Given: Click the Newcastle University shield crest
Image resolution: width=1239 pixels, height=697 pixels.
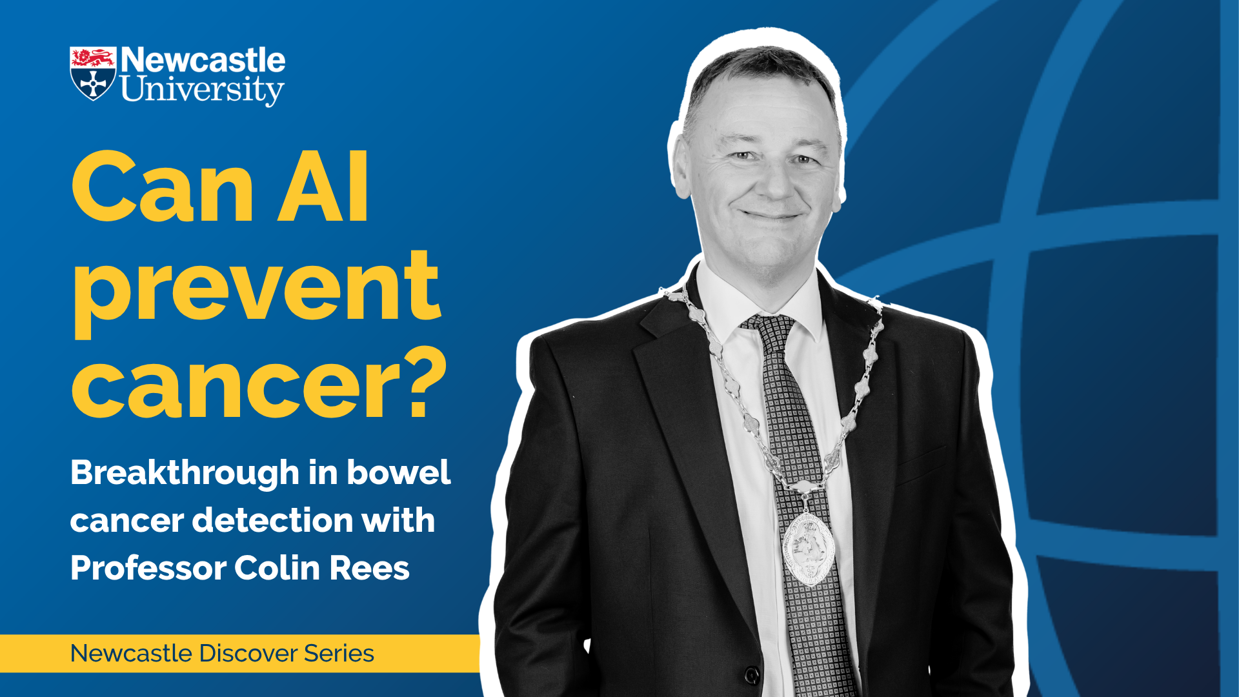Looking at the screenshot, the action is tap(93, 74).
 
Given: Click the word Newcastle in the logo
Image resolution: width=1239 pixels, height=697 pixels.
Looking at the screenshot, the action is tap(203, 60).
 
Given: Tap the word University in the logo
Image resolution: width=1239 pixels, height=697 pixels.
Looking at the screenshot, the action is tap(202, 90).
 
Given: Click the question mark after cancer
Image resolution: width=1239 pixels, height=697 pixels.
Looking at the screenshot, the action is tap(427, 383).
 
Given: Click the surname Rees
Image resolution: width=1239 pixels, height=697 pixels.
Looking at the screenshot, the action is tap(370, 569).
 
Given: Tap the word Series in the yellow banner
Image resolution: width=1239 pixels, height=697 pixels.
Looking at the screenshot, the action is tap(339, 653).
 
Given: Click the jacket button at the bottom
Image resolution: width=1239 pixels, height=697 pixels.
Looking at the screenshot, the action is tap(752, 675).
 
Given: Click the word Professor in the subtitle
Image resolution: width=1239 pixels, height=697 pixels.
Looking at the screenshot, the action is tap(148, 568).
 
